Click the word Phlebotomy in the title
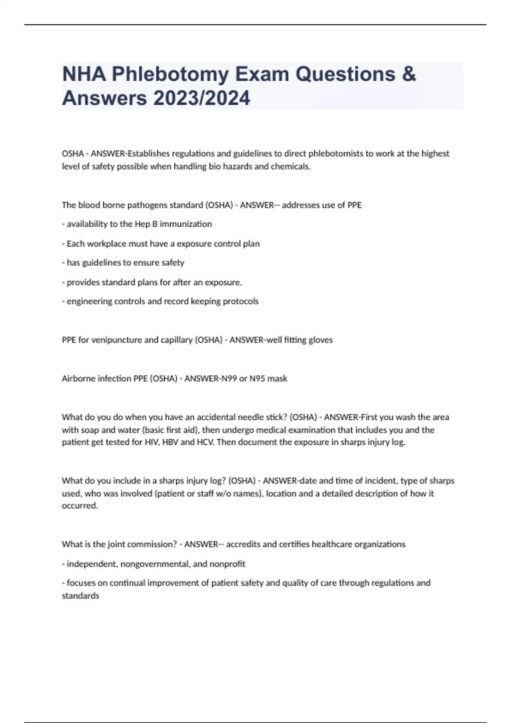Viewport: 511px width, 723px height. coord(171,74)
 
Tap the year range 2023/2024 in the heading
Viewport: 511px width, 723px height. coord(202,99)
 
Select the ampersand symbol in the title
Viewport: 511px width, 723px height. coord(408,74)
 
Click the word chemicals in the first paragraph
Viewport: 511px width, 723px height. coord(290,167)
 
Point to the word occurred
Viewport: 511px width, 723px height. coord(80,506)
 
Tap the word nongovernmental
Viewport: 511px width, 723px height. coord(154,564)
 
